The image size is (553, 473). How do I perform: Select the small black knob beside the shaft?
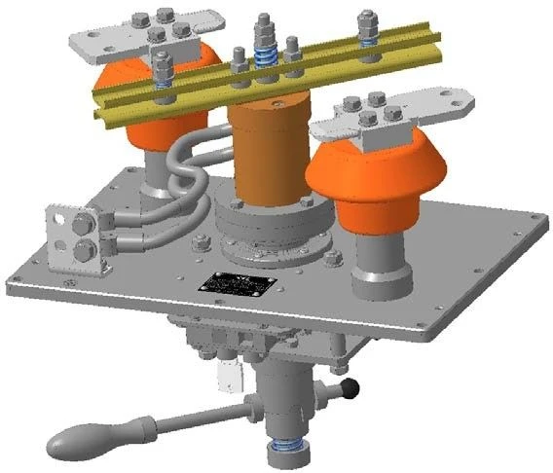click(350, 390)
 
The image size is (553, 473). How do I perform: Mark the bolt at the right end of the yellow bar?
click(367, 29)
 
